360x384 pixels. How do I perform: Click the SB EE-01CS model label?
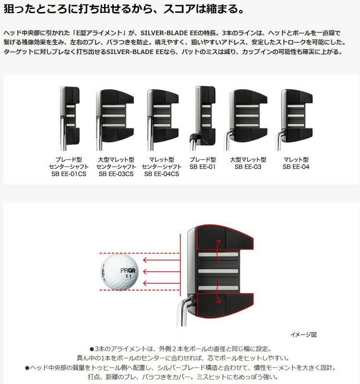[x=69, y=174]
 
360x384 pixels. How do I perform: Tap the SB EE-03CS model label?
[x=116, y=174]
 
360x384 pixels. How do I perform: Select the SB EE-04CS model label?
[x=162, y=174]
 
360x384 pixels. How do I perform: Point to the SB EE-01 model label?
[x=203, y=167]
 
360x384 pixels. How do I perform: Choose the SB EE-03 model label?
[x=248, y=167]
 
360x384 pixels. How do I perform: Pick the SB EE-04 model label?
[x=296, y=167]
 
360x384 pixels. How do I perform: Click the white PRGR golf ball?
[x=120, y=272]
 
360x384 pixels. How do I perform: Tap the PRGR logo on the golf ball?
[x=128, y=271]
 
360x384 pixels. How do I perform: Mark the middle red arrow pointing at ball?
[x=161, y=271]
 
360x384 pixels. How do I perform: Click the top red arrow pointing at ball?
[x=161, y=260]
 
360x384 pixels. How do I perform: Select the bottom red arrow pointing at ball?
[x=161, y=283]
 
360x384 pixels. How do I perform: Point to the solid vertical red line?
[x=180, y=265]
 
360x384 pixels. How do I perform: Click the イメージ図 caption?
[x=303, y=335]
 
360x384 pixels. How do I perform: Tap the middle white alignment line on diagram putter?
[x=218, y=271]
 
